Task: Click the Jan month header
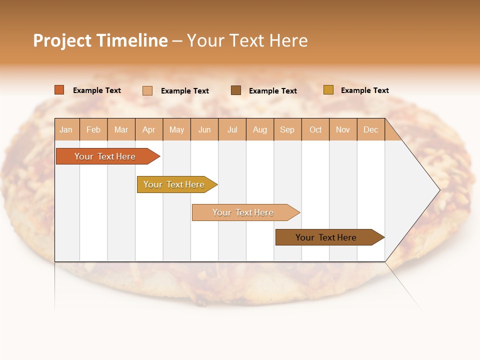click(66, 129)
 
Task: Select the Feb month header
click(93, 129)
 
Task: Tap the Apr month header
click(148, 129)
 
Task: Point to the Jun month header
click(204, 129)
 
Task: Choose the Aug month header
click(259, 129)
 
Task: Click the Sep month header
click(287, 129)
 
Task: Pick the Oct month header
click(315, 129)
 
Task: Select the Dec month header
click(370, 129)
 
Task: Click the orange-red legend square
click(59, 90)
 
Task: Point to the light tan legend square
click(147, 90)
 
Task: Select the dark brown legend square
click(236, 90)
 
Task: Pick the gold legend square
click(328, 90)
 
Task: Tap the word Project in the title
click(62, 40)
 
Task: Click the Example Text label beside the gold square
click(364, 90)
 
